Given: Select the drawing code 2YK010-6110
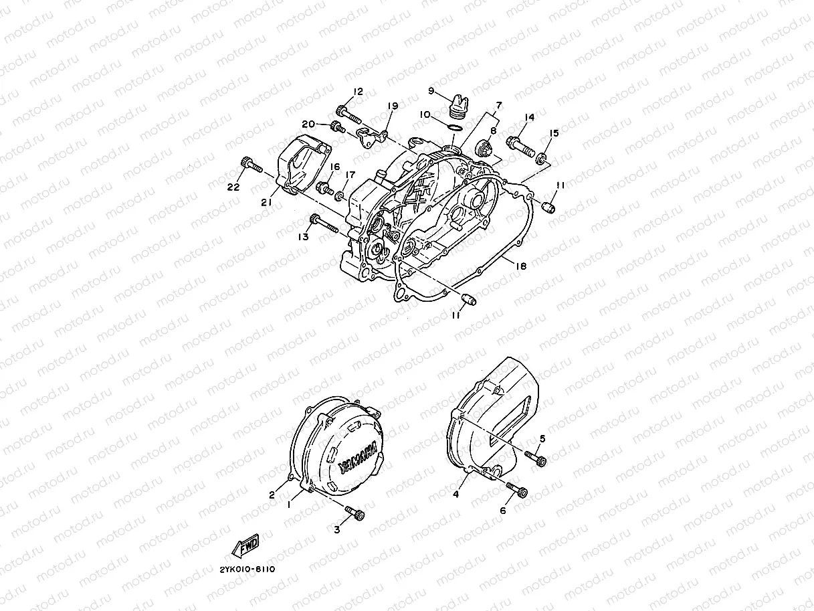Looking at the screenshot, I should [247, 569].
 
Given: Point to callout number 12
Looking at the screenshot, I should [358, 92].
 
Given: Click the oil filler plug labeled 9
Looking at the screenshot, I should [456, 105].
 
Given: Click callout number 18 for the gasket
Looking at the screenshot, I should [521, 266].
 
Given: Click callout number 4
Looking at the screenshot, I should [455, 495].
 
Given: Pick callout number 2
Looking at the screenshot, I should [272, 495].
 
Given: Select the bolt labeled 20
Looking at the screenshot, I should [338, 126].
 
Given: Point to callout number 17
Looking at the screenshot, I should [350, 175].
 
